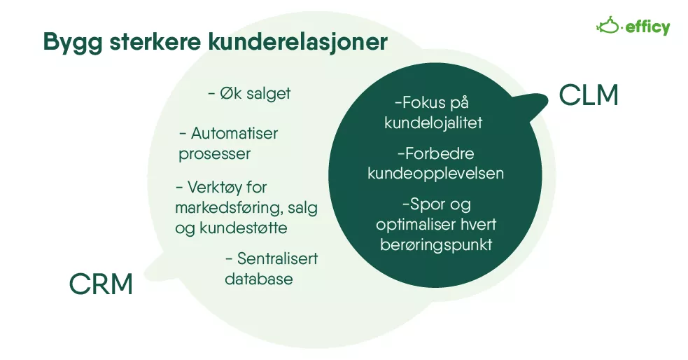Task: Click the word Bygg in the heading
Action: point(73,43)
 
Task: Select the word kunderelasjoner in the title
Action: point(298,42)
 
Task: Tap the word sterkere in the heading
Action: point(155,41)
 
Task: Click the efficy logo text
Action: point(647,27)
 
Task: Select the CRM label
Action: point(101,284)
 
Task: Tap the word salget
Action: point(269,94)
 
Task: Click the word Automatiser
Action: point(234,134)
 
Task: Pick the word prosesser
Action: point(215,154)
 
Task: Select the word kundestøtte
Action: point(244,228)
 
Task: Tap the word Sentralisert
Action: point(277,258)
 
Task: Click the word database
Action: point(259,279)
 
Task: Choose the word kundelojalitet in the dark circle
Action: point(433,123)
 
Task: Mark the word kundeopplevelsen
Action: point(436,174)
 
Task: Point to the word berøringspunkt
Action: point(436,245)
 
